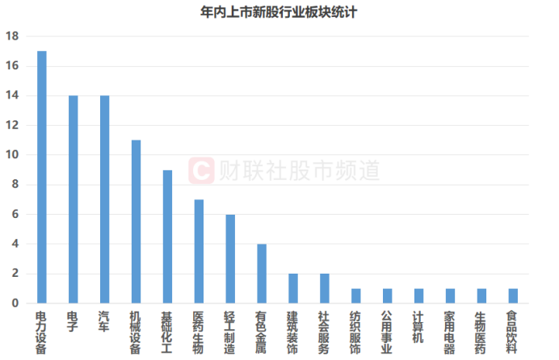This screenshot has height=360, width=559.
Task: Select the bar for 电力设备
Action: (42, 178)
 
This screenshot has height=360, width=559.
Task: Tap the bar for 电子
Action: (74, 199)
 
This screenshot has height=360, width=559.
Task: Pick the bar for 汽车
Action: (105, 199)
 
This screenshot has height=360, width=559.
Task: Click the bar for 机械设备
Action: (136, 222)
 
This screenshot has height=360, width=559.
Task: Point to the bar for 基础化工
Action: (167, 237)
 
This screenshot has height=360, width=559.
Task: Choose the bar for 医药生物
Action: (199, 251)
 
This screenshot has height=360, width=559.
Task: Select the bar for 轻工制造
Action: (230, 259)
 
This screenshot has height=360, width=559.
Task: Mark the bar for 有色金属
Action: (262, 274)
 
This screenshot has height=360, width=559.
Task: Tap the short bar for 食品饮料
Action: (512, 295)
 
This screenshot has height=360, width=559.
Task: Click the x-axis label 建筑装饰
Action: (292, 333)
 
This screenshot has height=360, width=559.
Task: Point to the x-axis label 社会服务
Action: (324, 333)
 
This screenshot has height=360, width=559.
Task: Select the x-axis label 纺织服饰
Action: (355, 333)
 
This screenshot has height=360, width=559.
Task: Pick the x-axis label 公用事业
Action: (387, 333)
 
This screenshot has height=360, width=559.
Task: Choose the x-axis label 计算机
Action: (418, 328)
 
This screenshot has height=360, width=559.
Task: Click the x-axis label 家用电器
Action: (449, 333)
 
